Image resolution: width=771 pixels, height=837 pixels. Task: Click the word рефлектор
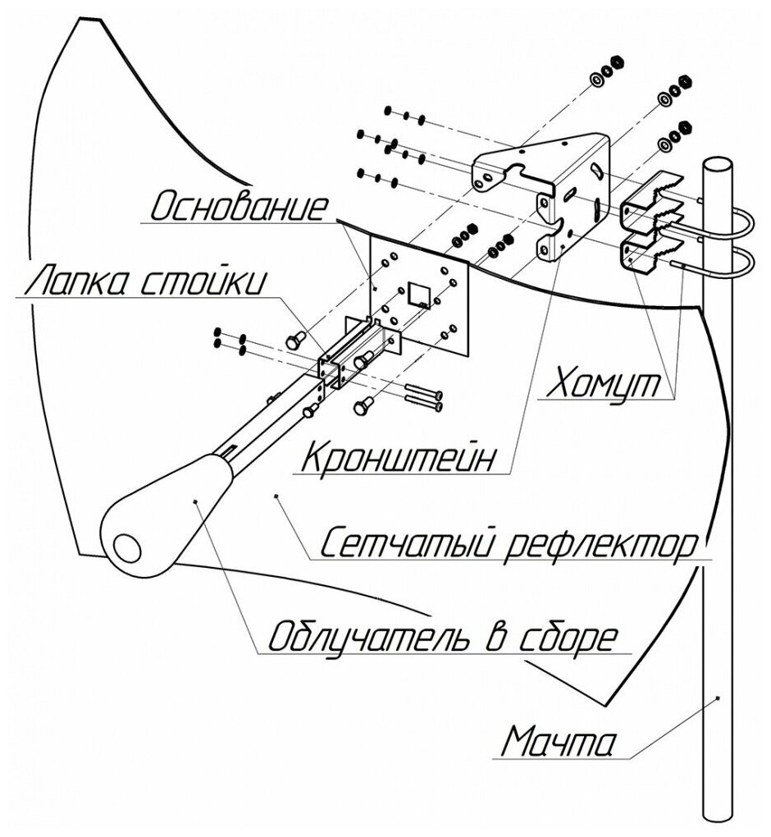coord(598,543)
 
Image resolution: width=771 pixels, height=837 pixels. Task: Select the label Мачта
coord(557,745)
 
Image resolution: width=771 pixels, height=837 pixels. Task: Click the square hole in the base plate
coord(417,294)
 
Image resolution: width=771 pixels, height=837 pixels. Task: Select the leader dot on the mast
coord(718,697)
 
